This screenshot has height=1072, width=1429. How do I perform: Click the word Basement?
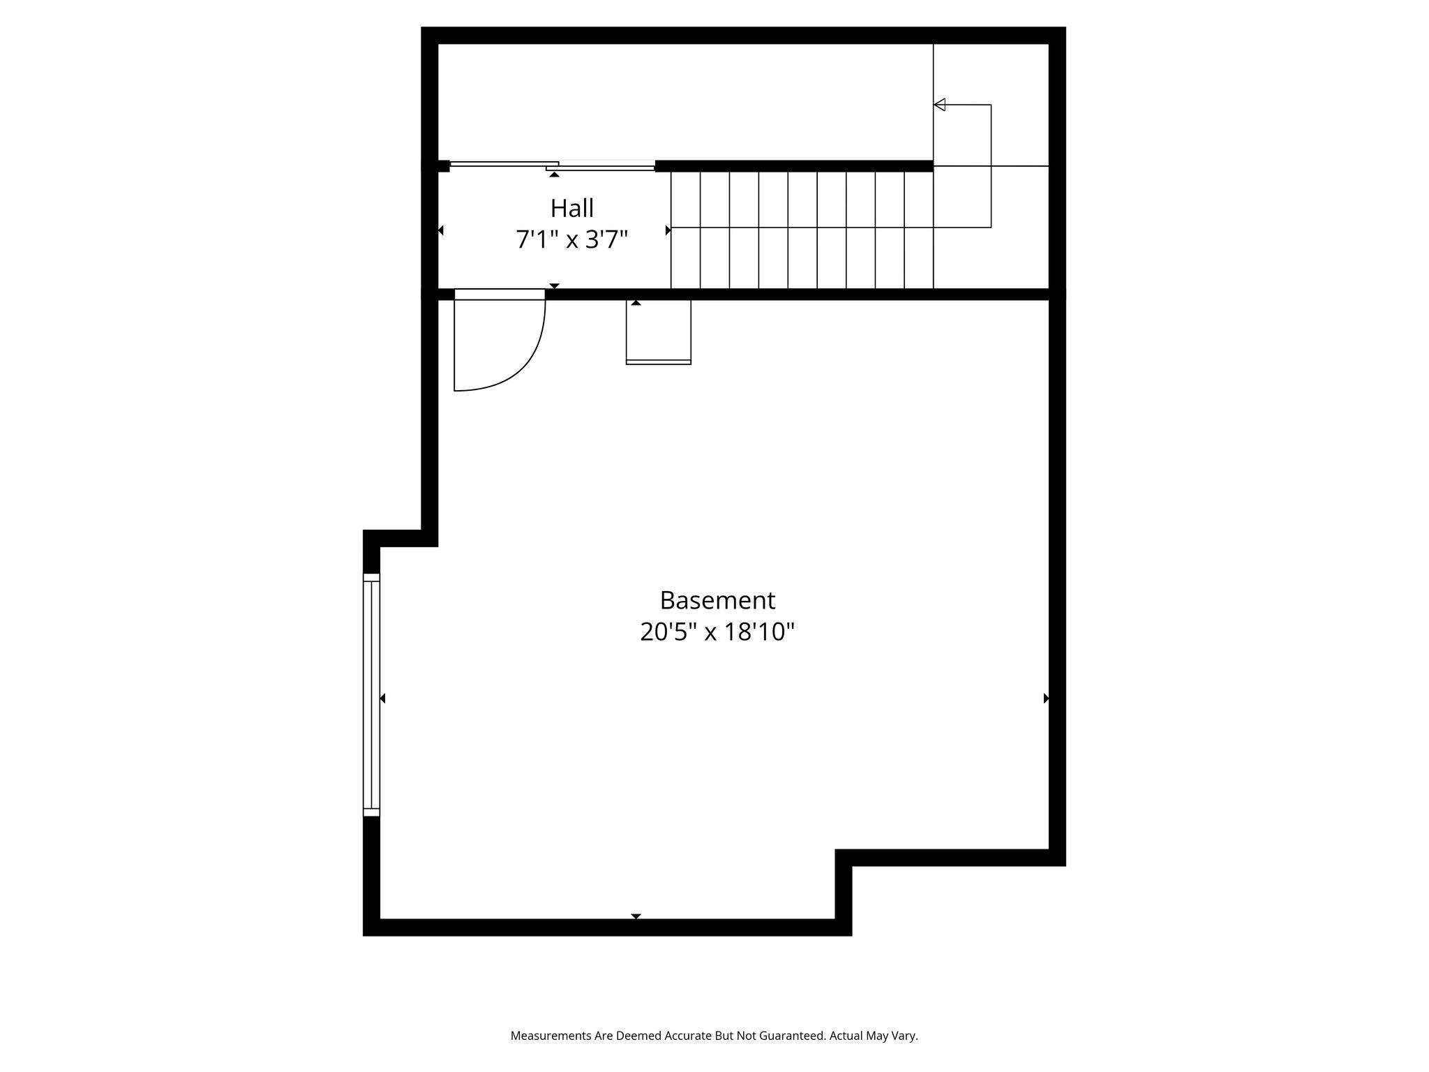point(717,600)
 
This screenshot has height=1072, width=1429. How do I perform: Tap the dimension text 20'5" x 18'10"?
point(717,632)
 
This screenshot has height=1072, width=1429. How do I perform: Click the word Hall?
point(572,208)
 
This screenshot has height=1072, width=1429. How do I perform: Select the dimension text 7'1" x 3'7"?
point(572,240)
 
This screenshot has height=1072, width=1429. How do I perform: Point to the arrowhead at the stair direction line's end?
point(940,105)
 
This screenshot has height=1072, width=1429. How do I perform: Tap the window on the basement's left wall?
point(371,695)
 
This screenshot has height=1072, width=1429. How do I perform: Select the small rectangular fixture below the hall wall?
point(658,332)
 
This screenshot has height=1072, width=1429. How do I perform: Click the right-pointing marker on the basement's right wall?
point(1046,698)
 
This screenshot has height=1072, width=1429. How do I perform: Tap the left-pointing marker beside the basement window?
point(382,698)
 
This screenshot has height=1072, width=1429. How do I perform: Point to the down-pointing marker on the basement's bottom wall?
point(636,916)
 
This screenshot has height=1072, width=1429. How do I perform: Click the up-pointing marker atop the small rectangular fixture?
point(636,303)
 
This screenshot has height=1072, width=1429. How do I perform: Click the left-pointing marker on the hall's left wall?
point(440,230)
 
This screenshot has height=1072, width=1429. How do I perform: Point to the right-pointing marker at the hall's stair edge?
point(668,230)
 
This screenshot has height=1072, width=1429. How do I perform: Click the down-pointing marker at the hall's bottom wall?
point(554,285)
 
